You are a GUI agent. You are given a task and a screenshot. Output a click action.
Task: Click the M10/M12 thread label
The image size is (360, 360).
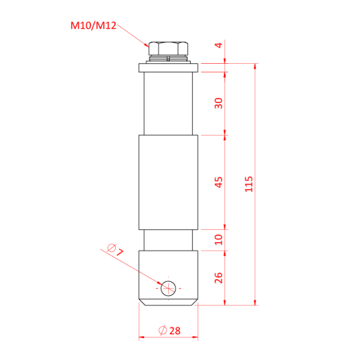[92, 24]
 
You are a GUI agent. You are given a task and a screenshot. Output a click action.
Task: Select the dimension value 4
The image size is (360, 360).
[219, 46]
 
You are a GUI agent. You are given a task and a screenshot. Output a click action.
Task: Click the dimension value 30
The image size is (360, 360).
[219, 103]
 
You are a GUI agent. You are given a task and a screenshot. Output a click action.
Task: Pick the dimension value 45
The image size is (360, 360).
[219, 182]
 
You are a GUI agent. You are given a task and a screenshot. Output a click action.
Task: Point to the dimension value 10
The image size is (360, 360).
[219, 239]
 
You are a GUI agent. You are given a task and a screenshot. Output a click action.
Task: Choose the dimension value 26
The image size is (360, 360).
[219, 278]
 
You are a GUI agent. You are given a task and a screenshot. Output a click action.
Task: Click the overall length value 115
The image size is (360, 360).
[249, 184]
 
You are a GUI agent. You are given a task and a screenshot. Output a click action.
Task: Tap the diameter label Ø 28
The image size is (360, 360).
[169, 331]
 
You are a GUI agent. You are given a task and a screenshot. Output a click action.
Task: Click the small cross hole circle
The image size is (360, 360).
[168, 289]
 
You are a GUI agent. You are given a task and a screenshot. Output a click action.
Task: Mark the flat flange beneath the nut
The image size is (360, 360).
[168, 67]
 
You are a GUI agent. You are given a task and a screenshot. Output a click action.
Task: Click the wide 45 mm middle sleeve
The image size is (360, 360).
[168, 182]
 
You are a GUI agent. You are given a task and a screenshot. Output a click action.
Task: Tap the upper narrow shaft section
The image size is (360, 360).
[168, 103]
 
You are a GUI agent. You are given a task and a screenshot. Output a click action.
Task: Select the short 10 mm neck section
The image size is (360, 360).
[168, 240]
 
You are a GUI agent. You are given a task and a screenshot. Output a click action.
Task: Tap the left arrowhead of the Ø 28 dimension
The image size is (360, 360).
[142, 338]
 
